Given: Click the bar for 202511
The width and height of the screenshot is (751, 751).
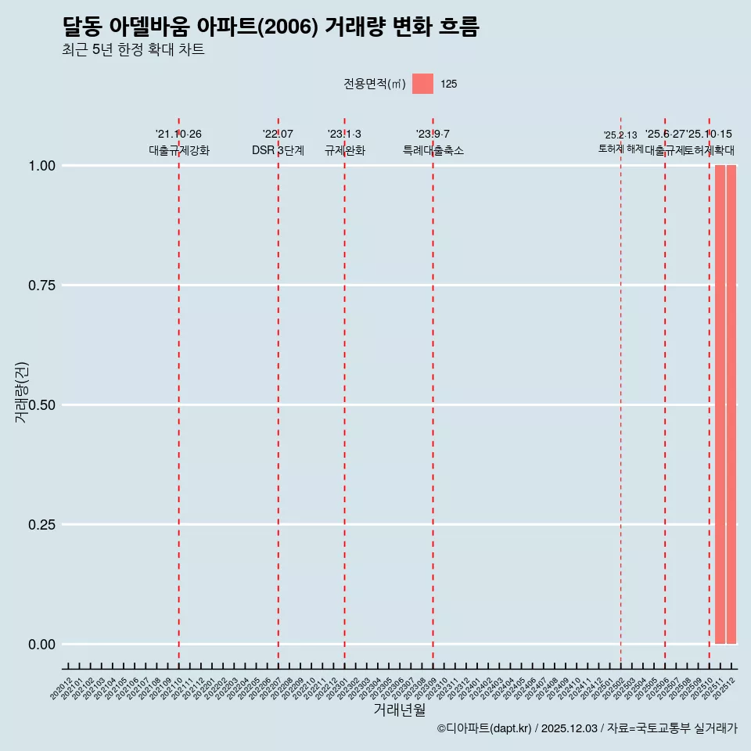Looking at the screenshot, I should (x=720, y=404).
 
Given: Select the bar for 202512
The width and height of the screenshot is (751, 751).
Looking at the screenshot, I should (x=731, y=404).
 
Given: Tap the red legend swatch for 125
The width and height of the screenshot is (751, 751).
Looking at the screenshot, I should (x=422, y=84).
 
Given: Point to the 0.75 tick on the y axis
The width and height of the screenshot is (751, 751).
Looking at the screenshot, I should (x=43, y=286).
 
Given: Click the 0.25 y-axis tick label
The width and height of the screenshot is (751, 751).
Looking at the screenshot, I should (x=43, y=525).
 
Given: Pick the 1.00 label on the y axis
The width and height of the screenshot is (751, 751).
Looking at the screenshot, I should (x=43, y=166).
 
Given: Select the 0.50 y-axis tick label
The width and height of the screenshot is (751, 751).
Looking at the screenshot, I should (x=43, y=405).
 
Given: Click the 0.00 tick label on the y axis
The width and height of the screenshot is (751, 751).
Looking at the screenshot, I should (x=43, y=645).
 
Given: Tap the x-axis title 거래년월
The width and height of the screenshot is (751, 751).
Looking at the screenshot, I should (x=400, y=710).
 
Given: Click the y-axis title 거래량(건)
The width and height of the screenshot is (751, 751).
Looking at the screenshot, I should (x=22, y=392).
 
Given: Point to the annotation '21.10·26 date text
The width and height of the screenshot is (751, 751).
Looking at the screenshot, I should (x=178, y=135).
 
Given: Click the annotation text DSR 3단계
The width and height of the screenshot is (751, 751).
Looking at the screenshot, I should (x=278, y=150).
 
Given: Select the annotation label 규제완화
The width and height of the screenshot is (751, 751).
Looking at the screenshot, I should (x=345, y=150).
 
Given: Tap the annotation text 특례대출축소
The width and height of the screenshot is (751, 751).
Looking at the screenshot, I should (x=433, y=150).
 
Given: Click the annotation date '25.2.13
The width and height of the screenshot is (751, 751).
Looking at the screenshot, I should (x=620, y=135).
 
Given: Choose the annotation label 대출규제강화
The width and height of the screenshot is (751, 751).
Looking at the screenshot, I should (x=179, y=150).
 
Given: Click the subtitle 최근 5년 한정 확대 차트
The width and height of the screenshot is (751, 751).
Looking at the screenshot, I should (x=133, y=50).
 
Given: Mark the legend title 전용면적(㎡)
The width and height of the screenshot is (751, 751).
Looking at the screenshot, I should (x=375, y=84).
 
